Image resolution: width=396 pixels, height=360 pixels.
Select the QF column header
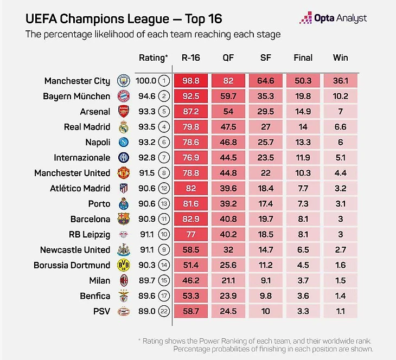click(228, 57)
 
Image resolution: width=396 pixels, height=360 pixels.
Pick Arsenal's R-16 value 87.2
click(190, 112)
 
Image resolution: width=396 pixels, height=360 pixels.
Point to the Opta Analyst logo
click(333, 18)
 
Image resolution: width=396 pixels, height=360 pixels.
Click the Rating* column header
click(154, 57)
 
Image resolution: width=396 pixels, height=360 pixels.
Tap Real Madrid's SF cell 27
click(266, 127)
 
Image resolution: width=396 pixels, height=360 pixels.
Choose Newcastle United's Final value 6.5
click(303, 250)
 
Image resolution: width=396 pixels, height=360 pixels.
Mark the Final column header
click(303, 57)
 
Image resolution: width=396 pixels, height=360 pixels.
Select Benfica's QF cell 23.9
click(228, 296)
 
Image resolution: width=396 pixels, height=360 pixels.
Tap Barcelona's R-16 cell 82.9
click(190, 220)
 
